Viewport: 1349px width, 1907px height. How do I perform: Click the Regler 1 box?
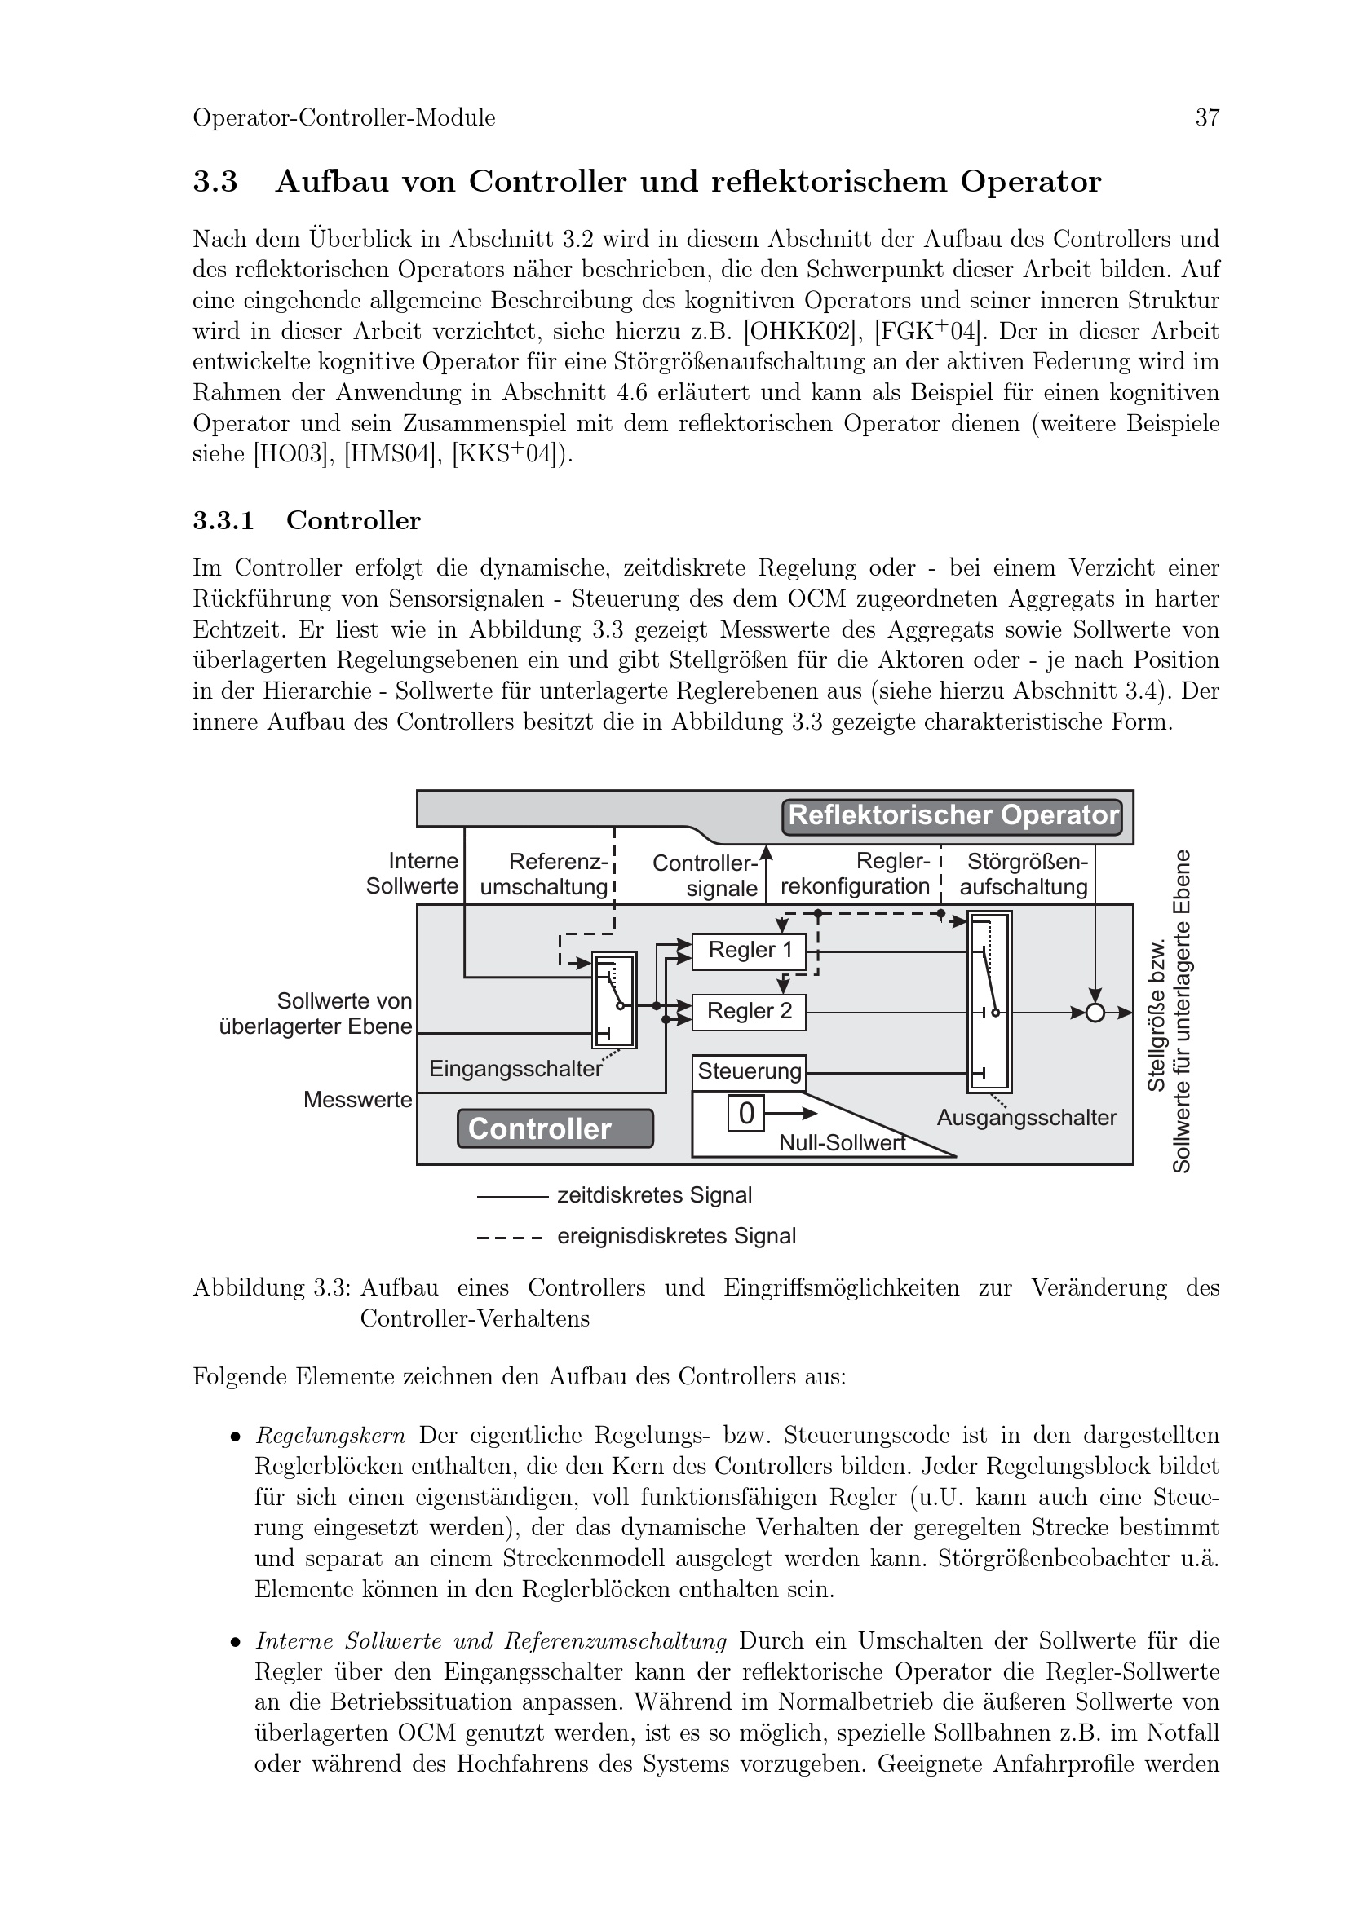coord(749,950)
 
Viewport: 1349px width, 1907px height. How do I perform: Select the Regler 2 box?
coord(749,1012)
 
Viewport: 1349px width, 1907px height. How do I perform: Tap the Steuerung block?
coord(750,1071)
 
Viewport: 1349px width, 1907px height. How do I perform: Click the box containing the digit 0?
coord(746,1113)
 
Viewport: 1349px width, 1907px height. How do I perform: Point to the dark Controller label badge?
coord(555,1128)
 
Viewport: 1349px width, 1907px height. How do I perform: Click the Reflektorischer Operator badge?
coord(952,815)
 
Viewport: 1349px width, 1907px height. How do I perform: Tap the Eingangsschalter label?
coord(515,1069)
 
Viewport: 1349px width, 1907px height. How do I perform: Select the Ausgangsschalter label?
coord(1026,1118)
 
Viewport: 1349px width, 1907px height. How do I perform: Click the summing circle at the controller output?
coord(1095,1013)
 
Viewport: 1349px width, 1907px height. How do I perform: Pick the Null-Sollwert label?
coord(842,1144)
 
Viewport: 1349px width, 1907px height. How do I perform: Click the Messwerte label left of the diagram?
coord(357,1100)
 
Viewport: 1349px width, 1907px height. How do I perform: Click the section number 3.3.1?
coord(223,521)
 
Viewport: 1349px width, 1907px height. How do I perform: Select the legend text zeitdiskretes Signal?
coord(654,1195)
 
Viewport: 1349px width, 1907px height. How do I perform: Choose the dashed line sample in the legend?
coord(510,1237)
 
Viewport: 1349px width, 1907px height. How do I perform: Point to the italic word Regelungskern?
coord(330,1435)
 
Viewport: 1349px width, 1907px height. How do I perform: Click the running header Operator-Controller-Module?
coord(344,118)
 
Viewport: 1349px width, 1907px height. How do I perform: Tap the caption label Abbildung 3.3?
coord(272,1288)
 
